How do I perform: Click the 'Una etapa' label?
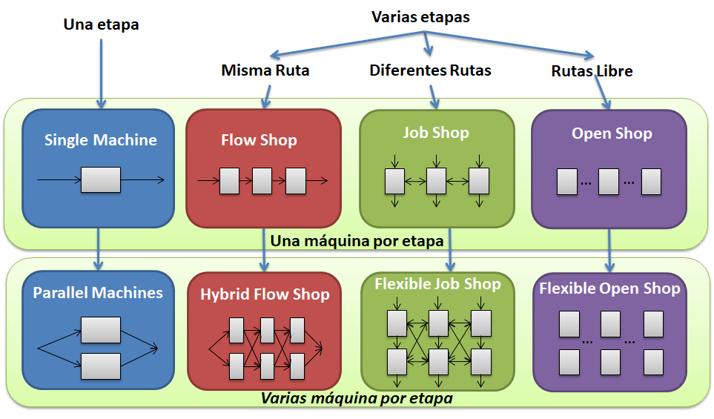(102, 24)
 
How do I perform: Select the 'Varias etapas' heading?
(420, 17)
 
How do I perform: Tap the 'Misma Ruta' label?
(265, 71)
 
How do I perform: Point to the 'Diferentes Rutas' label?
(430, 71)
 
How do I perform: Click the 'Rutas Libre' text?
(592, 71)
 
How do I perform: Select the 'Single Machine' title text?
(101, 140)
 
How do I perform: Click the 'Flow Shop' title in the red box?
(259, 140)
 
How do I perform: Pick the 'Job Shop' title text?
(436, 133)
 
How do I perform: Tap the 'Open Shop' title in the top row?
(612, 133)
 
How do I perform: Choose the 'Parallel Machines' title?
(98, 293)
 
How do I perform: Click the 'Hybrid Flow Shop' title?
(265, 294)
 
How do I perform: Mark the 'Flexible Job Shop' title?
(437, 284)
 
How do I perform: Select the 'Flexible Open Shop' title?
(609, 288)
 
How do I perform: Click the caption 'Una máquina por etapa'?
(357, 241)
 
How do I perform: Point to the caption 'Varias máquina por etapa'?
(357, 397)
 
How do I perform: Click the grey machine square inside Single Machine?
(100, 180)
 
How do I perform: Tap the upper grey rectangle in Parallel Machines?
(100, 330)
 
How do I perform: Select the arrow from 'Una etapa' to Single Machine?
(101, 70)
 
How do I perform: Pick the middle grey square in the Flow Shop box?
(262, 181)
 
